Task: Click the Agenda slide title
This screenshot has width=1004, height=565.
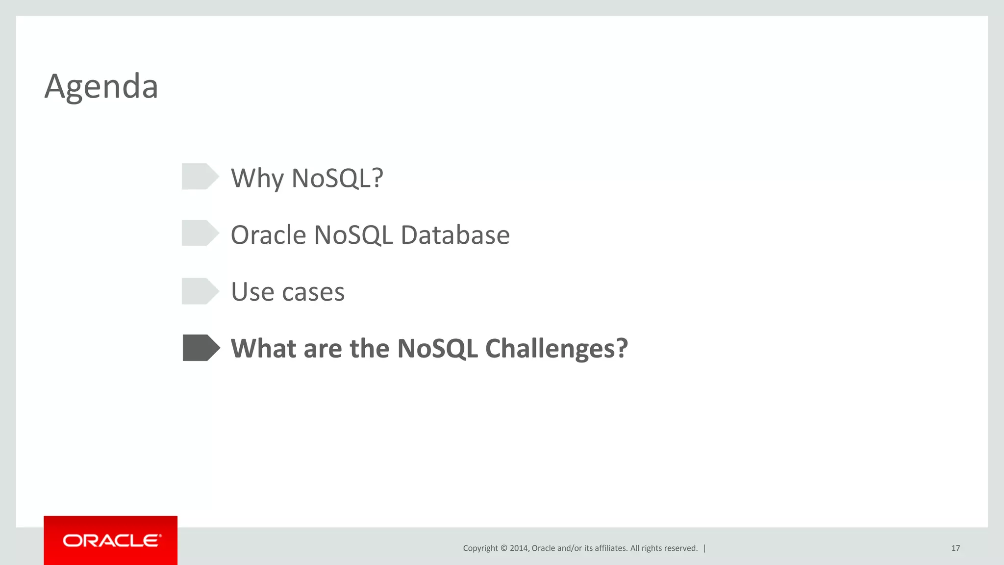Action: click(101, 87)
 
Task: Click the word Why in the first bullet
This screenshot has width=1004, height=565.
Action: click(257, 179)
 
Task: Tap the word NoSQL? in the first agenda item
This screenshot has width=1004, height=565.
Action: click(337, 179)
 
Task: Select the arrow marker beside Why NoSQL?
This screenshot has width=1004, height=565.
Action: click(200, 177)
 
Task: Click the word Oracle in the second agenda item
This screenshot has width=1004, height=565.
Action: click(268, 235)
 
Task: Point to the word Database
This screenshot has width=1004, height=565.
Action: click(455, 235)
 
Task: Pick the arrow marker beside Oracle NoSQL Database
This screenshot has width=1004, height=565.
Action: click(200, 233)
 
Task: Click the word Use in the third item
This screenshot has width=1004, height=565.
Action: click(252, 292)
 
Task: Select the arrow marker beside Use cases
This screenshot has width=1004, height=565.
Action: click(200, 291)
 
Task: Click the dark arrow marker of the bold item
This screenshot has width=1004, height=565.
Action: click(201, 348)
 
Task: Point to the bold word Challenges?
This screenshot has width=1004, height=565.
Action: click(556, 349)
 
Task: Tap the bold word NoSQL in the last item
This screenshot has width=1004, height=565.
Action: click(437, 349)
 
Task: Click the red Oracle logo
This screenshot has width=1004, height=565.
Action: click(111, 540)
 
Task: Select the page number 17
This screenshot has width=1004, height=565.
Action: click(955, 548)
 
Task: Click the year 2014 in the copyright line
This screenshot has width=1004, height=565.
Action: click(519, 548)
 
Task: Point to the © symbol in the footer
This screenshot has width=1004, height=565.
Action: click(503, 548)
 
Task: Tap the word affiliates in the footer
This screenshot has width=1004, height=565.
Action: click(610, 548)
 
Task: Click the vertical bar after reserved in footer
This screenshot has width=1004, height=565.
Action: click(704, 548)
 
